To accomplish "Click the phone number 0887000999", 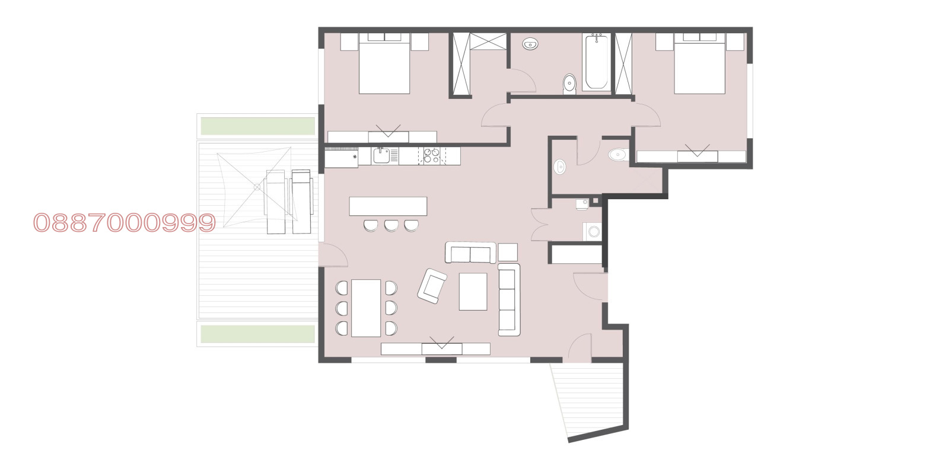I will pyautogui.click(x=124, y=223).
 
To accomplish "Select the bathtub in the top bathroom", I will pyautogui.click(x=596, y=62).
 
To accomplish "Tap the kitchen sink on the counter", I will pyautogui.click(x=381, y=156).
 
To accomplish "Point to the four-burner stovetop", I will pyautogui.click(x=431, y=156).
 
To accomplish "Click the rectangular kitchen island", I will pyautogui.click(x=388, y=206).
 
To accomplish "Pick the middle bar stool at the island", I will pyautogui.click(x=390, y=225).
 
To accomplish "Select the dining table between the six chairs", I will pyautogui.click(x=366, y=308).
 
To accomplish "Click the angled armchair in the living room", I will pyautogui.click(x=432, y=286).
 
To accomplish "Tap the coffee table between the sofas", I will pyautogui.click(x=473, y=291).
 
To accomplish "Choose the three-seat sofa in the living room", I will pyautogui.click(x=508, y=300).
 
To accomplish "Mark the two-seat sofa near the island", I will pyautogui.click(x=470, y=253).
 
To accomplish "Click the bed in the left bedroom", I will pyautogui.click(x=384, y=63).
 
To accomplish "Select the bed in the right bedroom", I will pyautogui.click(x=700, y=63).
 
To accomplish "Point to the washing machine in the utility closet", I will pyautogui.click(x=593, y=232).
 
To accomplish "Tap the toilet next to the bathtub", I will pyautogui.click(x=569, y=84).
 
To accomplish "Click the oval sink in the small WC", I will pyautogui.click(x=559, y=167).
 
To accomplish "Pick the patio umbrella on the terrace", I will pyautogui.click(x=256, y=187).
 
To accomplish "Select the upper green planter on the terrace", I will pyautogui.click(x=257, y=126).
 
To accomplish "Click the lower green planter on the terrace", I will pyautogui.click(x=257, y=334).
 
